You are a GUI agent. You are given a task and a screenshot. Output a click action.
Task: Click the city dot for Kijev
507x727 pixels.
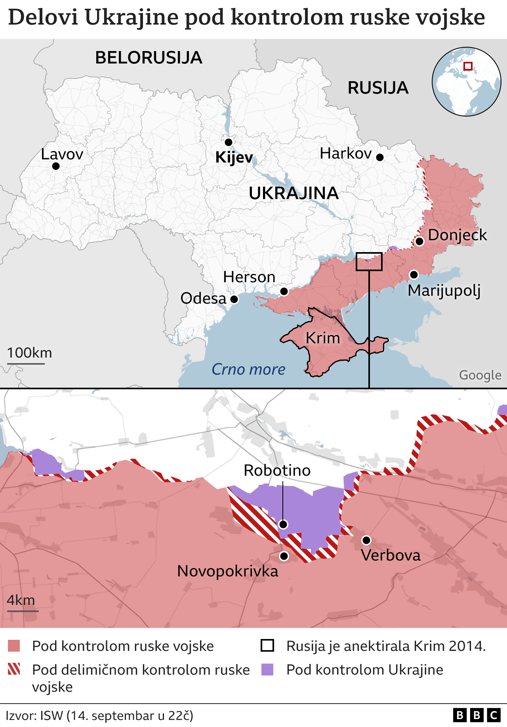pos(229,142)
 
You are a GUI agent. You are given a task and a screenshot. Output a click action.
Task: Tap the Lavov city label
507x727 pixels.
pos(62,154)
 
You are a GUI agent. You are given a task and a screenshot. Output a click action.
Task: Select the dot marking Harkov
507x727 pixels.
pos(379,157)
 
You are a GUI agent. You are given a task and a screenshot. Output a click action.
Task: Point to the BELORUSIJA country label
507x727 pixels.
pos(149,58)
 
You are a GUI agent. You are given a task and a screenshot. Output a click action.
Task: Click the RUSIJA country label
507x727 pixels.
pos(378,88)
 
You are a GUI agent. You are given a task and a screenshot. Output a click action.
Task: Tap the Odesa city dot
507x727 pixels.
pos(234,299)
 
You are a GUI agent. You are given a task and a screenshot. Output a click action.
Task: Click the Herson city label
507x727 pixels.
pos(249,277)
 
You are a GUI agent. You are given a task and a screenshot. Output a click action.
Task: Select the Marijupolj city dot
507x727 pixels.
pos(414,274)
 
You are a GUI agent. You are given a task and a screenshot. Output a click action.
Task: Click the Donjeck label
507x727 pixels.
pos(457,235)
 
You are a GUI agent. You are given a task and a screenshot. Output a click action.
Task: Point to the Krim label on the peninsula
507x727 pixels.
pos(323,338)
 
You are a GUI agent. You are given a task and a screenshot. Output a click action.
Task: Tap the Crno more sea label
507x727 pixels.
pos(248,369)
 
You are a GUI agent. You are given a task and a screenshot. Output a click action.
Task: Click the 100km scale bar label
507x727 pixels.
pos(30,353)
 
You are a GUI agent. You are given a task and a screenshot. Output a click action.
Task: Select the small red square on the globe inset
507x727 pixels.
pos(468,66)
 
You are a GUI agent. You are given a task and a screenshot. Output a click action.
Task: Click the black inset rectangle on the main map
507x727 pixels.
pos(369,262)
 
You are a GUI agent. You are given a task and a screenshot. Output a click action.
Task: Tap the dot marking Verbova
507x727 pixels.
pos(366,540)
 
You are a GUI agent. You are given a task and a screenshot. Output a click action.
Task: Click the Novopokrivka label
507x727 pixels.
pos(228,571)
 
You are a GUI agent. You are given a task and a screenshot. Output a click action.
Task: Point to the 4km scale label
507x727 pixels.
pos(21,600)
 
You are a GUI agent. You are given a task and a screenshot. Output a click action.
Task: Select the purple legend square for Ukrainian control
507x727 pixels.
pos(268,670)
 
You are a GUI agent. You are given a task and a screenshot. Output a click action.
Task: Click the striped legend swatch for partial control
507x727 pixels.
pos(14,670)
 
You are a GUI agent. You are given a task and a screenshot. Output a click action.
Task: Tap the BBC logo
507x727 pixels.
pos(477,715)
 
